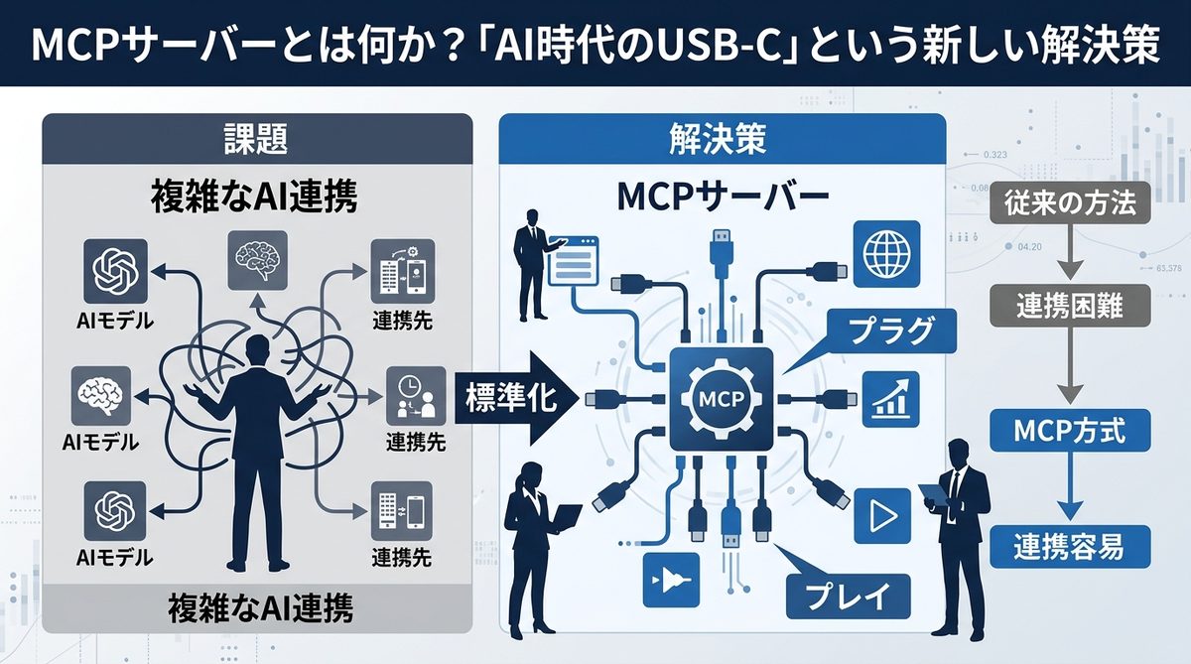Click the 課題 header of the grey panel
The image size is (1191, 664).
(257, 140)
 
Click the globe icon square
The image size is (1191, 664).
(885, 254)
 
